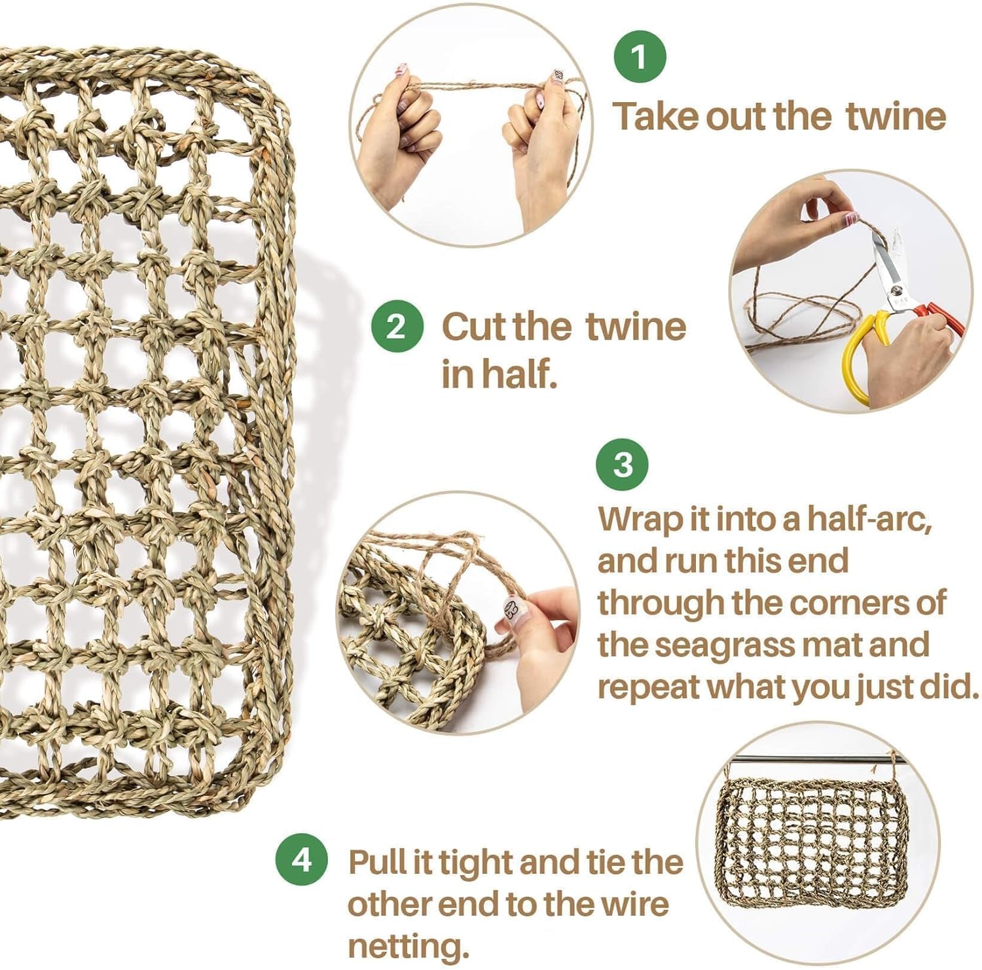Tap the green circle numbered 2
click(397, 325)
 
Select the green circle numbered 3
click(623, 464)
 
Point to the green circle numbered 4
click(302, 859)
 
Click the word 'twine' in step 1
click(896, 117)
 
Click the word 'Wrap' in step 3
click(641, 520)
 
